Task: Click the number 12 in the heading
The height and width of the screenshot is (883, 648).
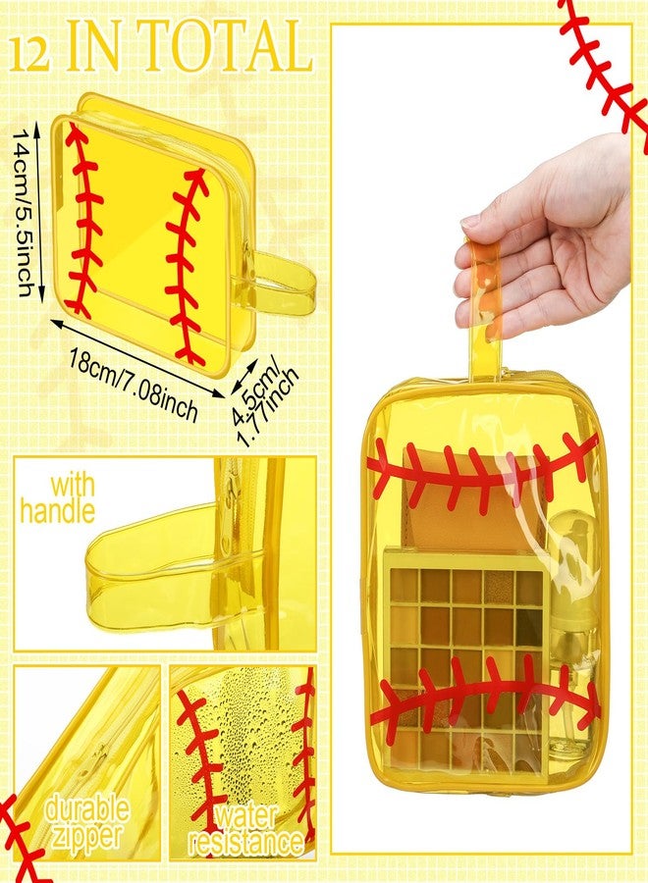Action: [30, 49]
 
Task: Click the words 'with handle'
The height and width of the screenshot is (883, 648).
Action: [58, 497]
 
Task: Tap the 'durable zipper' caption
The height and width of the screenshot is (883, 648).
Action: [86, 823]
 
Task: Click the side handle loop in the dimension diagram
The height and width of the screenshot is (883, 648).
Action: [280, 280]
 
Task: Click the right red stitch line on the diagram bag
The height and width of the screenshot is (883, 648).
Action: [188, 265]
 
